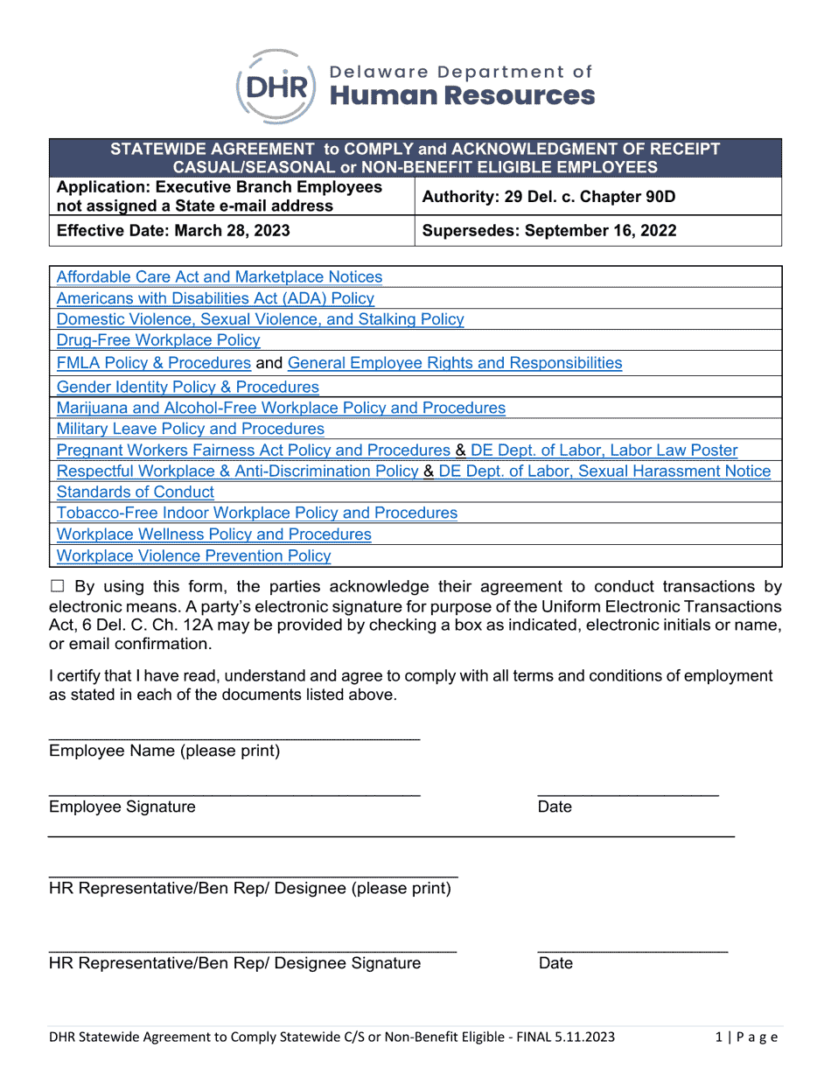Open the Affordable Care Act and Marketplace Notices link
pyautogui.click(x=219, y=277)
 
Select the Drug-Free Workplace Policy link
pyautogui.click(x=157, y=340)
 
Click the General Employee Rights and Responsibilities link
pyautogui.click(x=454, y=363)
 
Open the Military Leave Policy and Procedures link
pyautogui.click(x=190, y=429)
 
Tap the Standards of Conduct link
pyautogui.click(x=135, y=492)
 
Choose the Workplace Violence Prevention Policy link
pyautogui.click(x=193, y=555)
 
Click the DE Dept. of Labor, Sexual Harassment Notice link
pyautogui.click(x=604, y=472)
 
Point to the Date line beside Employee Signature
pyautogui.click(x=627, y=793)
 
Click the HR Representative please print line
pyautogui.click(x=253, y=874)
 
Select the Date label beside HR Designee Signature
pyautogui.click(x=555, y=963)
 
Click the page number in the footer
pyautogui.click(x=745, y=1038)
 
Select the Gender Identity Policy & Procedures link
pyautogui.click(x=187, y=387)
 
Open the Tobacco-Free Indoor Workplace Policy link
pyautogui.click(x=256, y=513)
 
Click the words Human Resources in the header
pyautogui.click(x=462, y=95)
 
